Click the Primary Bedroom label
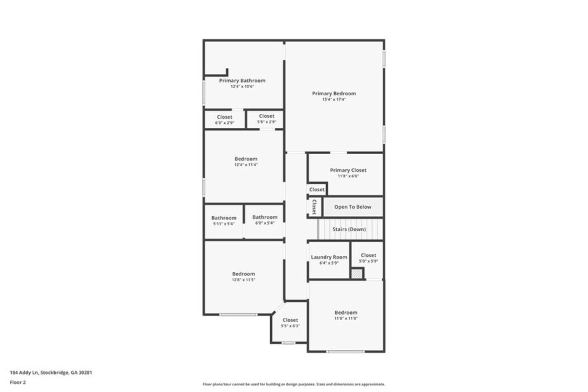pos(334,93)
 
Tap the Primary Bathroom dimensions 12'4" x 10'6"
pos(242,87)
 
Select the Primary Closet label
pos(348,170)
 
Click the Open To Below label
pos(353,207)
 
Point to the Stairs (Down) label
pos(349,229)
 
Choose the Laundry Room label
pos(329,257)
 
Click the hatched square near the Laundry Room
pos(356,273)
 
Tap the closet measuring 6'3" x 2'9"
pos(225,119)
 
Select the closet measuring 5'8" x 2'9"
pos(267,119)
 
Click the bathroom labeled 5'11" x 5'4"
pos(224,221)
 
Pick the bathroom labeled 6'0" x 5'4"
pos(265,220)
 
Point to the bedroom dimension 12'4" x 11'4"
pos(246,165)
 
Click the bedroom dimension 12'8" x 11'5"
pos(243,280)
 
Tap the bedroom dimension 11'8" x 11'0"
pos(346,319)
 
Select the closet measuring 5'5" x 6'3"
pos(290,323)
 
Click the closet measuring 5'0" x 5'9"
pos(368,257)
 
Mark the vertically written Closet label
pos(313,207)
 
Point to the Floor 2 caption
pos(17,382)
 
